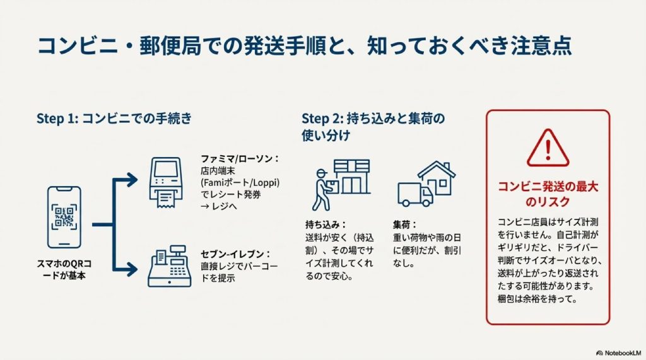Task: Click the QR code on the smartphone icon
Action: pos(64,216)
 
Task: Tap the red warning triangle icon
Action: pos(548,148)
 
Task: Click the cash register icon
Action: pos(169,268)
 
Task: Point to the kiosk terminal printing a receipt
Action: pos(169,182)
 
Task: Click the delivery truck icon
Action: pos(415,193)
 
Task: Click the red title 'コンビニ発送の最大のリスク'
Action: pos(548,194)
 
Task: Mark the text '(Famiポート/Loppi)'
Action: pos(240,182)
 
